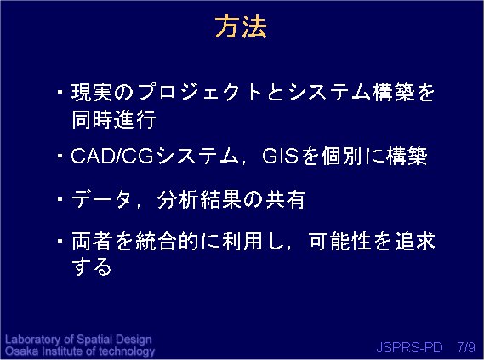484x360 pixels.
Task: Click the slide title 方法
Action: [x=241, y=27]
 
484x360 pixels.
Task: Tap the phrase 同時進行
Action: [x=114, y=119]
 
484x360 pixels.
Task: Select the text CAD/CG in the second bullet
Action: [x=112, y=155]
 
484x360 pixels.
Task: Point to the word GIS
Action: [x=280, y=155]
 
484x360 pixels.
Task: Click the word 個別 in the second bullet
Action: [x=341, y=155]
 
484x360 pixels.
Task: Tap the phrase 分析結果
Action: [x=199, y=199]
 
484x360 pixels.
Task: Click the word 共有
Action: [x=286, y=199]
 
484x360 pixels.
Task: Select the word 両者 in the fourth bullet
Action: [x=92, y=241]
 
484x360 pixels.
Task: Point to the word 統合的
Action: [x=167, y=241]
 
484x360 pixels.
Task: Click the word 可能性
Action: [x=339, y=241]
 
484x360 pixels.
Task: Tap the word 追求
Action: [x=415, y=241]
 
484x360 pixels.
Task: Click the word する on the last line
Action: [x=91, y=266]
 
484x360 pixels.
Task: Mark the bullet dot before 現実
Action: [x=60, y=92]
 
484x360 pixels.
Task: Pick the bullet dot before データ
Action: [x=60, y=199]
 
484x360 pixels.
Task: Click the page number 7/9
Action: [x=466, y=347]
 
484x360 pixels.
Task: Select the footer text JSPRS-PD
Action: [x=409, y=347]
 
